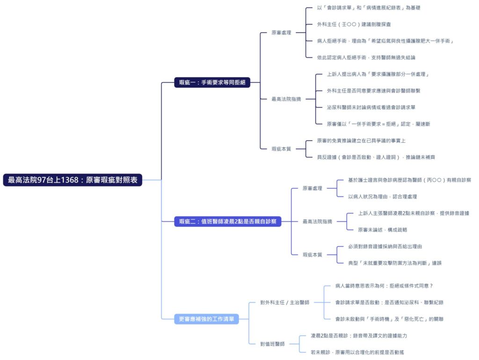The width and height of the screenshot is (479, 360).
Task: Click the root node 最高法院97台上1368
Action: point(73,180)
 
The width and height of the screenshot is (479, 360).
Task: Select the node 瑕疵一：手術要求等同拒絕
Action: point(212,82)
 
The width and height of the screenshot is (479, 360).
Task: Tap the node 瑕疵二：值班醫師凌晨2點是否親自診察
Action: point(228,222)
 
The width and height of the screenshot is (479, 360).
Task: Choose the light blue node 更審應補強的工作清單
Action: point(206,319)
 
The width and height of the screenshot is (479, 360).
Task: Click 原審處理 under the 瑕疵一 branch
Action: point(281,33)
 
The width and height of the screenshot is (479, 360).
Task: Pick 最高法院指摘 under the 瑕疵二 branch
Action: point(317,222)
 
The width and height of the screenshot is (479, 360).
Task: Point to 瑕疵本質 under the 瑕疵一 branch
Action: point(281,149)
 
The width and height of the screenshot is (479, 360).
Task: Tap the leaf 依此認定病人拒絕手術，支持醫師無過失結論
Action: point(366,58)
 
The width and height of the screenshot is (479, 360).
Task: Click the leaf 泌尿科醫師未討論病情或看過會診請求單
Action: point(371,107)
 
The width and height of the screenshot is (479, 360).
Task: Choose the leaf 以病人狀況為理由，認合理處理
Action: point(382,196)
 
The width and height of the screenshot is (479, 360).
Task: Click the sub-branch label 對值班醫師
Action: point(272,344)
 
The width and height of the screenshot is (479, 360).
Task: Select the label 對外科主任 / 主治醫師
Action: point(284,302)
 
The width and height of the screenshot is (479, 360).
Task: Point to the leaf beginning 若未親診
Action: point(357,352)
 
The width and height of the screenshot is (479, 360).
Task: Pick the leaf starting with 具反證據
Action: point(376,157)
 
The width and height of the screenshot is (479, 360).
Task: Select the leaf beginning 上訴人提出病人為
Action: point(378,74)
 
